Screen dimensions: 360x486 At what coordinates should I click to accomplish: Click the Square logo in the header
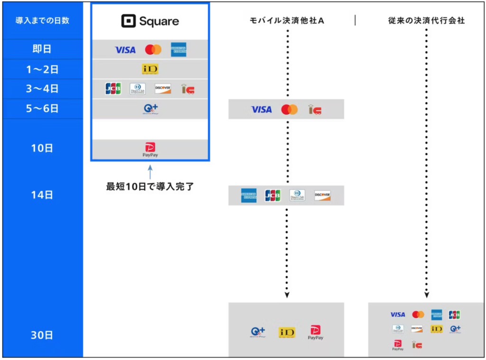click(x=150, y=21)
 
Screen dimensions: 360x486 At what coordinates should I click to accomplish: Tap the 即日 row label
click(x=42, y=49)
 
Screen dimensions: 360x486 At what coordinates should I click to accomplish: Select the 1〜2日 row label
click(x=42, y=69)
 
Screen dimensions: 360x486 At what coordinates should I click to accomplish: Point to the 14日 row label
click(x=42, y=194)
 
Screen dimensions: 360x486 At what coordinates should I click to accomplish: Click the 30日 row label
click(x=42, y=335)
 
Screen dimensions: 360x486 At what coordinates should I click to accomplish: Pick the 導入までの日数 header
click(x=42, y=20)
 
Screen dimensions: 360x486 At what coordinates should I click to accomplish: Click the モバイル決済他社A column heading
click(x=287, y=20)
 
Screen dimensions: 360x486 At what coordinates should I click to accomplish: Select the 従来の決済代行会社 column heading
click(x=426, y=20)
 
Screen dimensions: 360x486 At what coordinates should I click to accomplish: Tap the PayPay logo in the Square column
click(x=150, y=149)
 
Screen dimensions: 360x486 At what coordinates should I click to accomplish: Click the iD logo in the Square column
click(x=150, y=69)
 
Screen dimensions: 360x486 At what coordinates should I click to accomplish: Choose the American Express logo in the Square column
click(x=178, y=49)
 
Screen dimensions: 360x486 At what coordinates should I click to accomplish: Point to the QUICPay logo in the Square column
click(x=150, y=109)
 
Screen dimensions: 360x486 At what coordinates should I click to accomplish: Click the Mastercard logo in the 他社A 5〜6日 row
click(x=289, y=110)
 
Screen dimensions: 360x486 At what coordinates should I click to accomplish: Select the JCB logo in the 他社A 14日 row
click(x=272, y=195)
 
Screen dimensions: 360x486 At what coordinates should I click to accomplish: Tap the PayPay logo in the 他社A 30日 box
click(x=315, y=332)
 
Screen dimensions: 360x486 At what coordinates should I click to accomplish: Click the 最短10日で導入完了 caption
click(x=150, y=186)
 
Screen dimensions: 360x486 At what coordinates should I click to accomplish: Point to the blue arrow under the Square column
click(x=150, y=171)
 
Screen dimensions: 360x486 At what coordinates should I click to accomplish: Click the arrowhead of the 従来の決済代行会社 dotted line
click(x=426, y=295)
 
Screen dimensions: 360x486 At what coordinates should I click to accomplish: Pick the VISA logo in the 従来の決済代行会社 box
click(x=398, y=314)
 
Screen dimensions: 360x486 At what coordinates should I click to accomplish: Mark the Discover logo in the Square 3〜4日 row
click(x=163, y=89)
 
